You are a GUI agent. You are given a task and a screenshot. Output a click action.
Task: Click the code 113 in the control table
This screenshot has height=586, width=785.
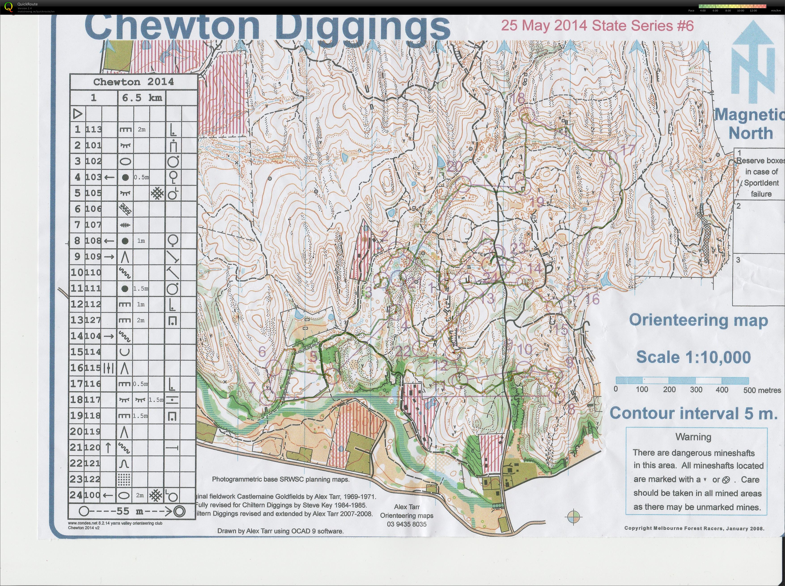94,130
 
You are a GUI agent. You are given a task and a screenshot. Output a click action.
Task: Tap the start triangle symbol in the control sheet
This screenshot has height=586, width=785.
78,114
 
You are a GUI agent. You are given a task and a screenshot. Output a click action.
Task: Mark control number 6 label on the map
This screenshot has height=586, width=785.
262,351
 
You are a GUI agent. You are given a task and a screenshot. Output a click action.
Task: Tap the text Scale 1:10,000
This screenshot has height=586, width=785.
693,357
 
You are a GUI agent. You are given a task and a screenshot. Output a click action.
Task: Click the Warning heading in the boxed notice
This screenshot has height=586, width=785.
693,437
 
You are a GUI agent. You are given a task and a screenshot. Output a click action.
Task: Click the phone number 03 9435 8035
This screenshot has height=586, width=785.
407,524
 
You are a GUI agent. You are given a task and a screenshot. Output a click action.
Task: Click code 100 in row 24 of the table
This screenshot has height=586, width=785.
94,495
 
